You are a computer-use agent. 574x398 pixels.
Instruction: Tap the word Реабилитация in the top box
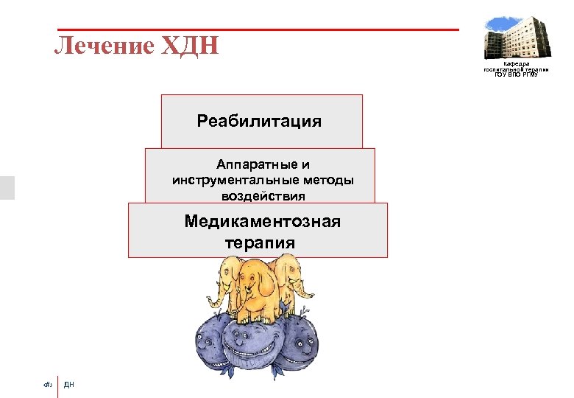click(x=259, y=121)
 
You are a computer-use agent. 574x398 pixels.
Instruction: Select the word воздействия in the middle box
click(x=263, y=196)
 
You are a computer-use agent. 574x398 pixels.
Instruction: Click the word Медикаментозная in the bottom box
click(x=263, y=222)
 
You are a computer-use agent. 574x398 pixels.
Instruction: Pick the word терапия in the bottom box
click(x=260, y=243)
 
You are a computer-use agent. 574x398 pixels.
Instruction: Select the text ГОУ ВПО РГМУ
click(x=516, y=74)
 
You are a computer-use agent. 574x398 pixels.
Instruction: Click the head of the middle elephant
click(x=257, y=276)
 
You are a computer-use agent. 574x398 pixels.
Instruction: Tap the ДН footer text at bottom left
click(x=69, y=384)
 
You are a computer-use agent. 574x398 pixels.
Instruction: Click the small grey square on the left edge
click(x=7, y=187)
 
